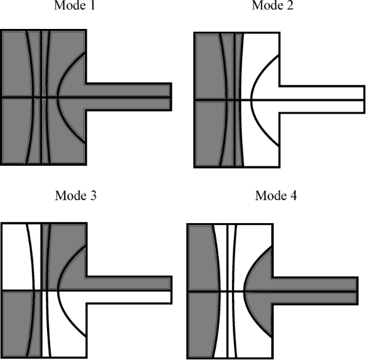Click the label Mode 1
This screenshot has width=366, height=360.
[x=75, y=5]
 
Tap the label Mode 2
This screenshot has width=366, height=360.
[x=273, y=5]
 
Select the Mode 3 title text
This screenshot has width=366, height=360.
[x=75, y=195]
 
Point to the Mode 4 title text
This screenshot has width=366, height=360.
[x=276, y=195]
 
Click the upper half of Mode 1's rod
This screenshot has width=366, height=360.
[x=128, y=90]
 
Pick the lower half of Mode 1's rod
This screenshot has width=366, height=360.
[x=128, y=104]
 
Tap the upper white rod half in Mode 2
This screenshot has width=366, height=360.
[x=321, y=93]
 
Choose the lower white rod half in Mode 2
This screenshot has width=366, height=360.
[x=321, y=107]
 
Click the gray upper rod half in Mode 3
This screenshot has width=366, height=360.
[x=129, y=283]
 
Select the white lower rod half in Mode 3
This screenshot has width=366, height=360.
[x=129, y=297]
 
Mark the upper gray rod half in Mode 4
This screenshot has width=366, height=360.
[x=315, y=285]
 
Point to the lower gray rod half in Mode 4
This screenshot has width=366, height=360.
[x=315, y=298]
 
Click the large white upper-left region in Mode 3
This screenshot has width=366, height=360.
[x=16, y=257]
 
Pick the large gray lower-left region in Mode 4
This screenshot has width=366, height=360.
[x=203, y=324]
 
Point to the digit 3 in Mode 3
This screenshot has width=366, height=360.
[x=93, y=195]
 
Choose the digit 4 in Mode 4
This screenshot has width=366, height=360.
[x=294, y=195]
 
